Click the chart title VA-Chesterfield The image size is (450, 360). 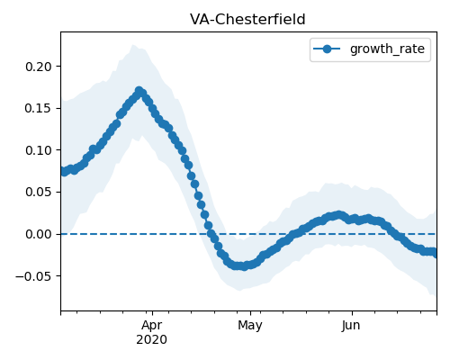(247, 20)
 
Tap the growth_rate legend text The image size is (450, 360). (387, 49)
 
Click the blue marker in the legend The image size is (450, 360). (327, 49)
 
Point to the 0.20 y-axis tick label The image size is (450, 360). (39, 67)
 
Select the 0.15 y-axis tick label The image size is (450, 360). (39, 108)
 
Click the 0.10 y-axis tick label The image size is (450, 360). (39, 150)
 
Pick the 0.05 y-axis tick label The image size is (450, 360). (39, 192)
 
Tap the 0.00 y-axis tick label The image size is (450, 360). (39, 234)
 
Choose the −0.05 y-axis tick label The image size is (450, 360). (33, 276)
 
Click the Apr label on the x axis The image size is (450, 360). (152, 325)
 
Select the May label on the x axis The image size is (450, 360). (250, 325)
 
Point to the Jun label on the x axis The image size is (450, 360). (351, 325)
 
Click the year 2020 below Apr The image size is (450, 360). (152, 339)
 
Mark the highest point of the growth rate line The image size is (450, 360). (139, 91)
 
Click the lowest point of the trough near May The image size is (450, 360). (245, 266)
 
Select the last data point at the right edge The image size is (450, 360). (436, 254)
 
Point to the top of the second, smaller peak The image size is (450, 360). (339, 215)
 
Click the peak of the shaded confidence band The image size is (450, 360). (132, 45)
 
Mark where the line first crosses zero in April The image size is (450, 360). (211, 234)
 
